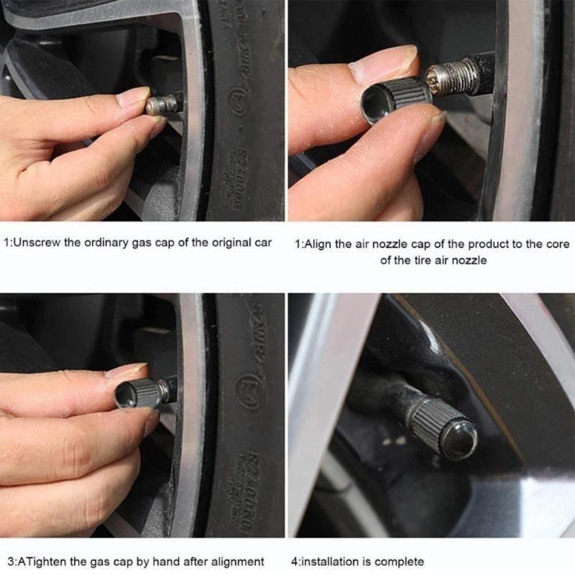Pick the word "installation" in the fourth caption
pos(331,561)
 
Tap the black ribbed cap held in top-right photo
pos(397,99)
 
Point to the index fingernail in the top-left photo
pos(133,95)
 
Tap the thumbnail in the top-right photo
pos(384,63)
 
